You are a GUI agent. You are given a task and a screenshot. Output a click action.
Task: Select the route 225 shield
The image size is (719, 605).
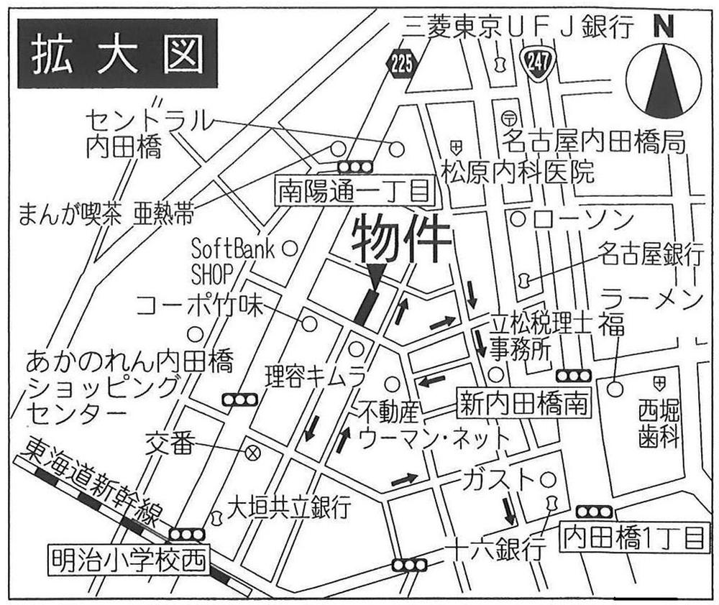click(x=403, y=65)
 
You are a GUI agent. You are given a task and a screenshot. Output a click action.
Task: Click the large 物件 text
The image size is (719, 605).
click(x=402, y=241)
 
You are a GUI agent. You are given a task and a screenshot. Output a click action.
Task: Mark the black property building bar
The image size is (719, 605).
click(x=367, y=307)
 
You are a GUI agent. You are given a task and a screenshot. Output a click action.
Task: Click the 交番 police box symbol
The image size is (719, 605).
click(x=252, y=452)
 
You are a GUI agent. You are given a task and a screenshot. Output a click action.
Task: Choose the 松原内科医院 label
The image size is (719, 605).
click(x=518, y=172)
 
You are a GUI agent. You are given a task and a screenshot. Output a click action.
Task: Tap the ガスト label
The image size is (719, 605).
click(x=500, y=479)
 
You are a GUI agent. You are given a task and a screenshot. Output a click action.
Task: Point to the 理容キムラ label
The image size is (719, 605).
click(x=315, y=375)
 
